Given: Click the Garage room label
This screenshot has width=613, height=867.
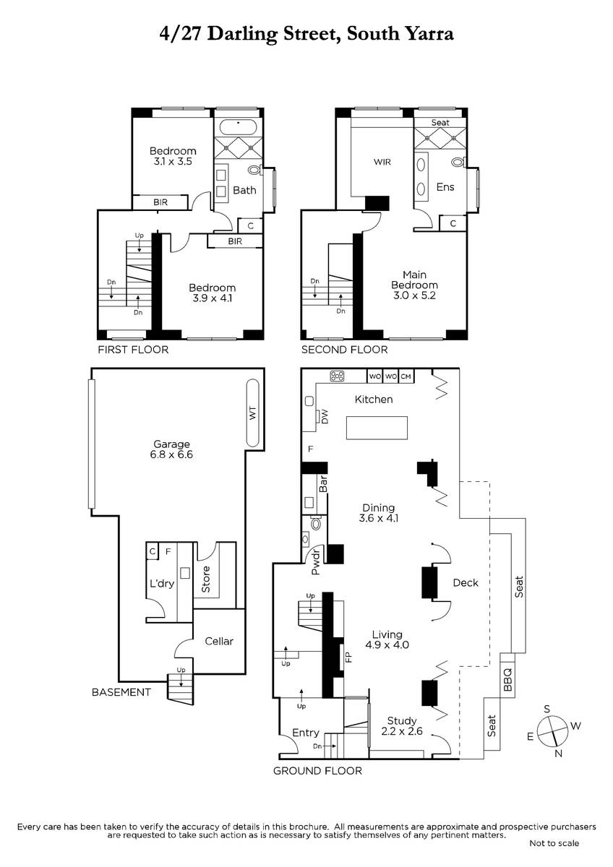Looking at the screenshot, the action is [x=171, y=444].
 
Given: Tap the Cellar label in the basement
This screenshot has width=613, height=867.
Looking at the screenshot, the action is [x=219, y=642].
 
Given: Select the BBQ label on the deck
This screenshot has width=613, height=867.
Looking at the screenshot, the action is [x=507, y=680].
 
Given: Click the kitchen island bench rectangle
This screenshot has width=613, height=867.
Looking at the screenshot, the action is [x=377, y=428].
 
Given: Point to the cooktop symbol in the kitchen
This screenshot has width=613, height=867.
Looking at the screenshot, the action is [x=337, y=376].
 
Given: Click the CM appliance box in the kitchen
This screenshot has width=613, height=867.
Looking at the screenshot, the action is [x=406, y=376].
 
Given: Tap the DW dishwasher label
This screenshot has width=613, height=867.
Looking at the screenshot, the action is [x=325, y=416].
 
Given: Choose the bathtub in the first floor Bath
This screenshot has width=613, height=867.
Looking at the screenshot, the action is [x=238, y=127].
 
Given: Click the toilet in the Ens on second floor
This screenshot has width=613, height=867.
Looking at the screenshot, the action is [x=459, y=162].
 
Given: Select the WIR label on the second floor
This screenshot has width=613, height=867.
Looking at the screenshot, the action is [x=382, y=162].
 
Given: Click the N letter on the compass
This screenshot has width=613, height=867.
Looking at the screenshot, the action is [x=558, y=754].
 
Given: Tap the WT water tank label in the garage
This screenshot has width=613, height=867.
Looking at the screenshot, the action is [x=252, y=413].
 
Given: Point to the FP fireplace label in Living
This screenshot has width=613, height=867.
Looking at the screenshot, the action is [x=348, y=657].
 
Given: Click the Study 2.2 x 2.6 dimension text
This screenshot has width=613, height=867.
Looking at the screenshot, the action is [x=402, y=731].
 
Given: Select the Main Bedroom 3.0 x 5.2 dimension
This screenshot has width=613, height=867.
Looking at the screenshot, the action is [x=414, y=296].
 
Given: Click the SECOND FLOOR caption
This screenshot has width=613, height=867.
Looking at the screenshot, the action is [x=345, y=350].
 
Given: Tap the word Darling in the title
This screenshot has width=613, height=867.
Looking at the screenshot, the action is [x=242, y=35].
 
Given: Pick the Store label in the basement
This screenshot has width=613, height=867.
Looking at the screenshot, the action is [x=205, y=579].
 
